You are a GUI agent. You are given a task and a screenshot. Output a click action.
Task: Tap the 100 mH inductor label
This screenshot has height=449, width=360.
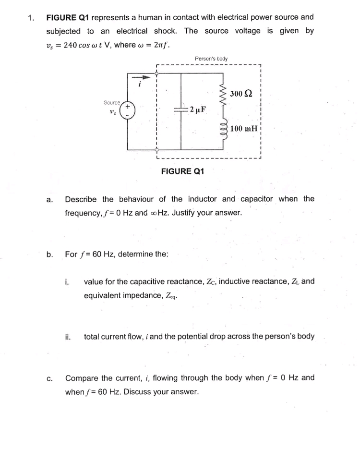(244, 128)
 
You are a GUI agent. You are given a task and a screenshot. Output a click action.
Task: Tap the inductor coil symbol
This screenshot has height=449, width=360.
(222, 128)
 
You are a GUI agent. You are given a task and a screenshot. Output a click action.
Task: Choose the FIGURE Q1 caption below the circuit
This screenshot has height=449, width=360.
(182, 171)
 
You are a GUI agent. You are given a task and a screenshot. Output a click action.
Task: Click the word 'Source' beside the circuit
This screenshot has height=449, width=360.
(112, 103)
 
